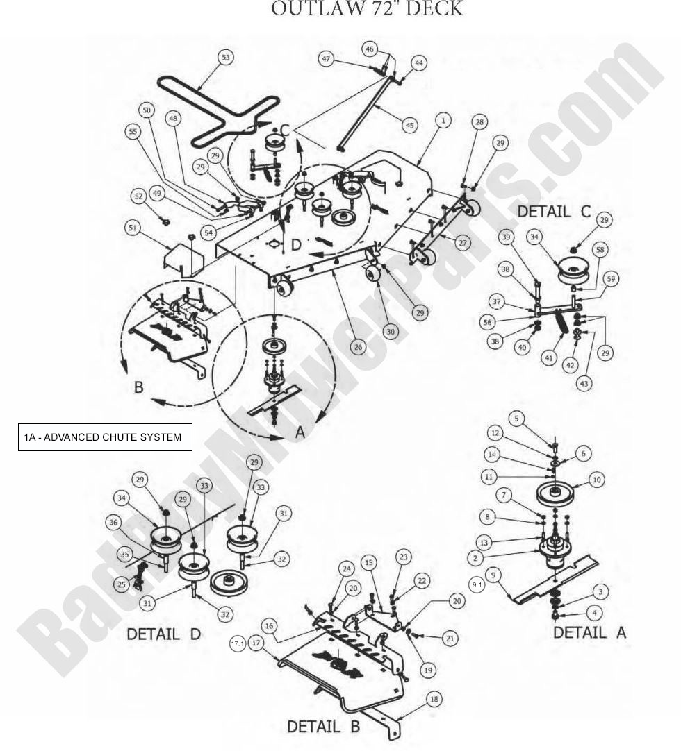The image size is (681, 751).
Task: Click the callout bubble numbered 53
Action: (224, 57)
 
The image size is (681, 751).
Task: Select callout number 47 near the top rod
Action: (326, 59)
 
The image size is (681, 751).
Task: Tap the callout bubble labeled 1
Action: (442, 120)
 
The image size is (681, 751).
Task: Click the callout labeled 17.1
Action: (238, 644)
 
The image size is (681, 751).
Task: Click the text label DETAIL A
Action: (589, 632)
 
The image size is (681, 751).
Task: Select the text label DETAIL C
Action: (553, 211)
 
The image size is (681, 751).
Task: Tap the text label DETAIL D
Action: (163, 634)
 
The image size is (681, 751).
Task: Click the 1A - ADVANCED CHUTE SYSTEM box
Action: (105, 437)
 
